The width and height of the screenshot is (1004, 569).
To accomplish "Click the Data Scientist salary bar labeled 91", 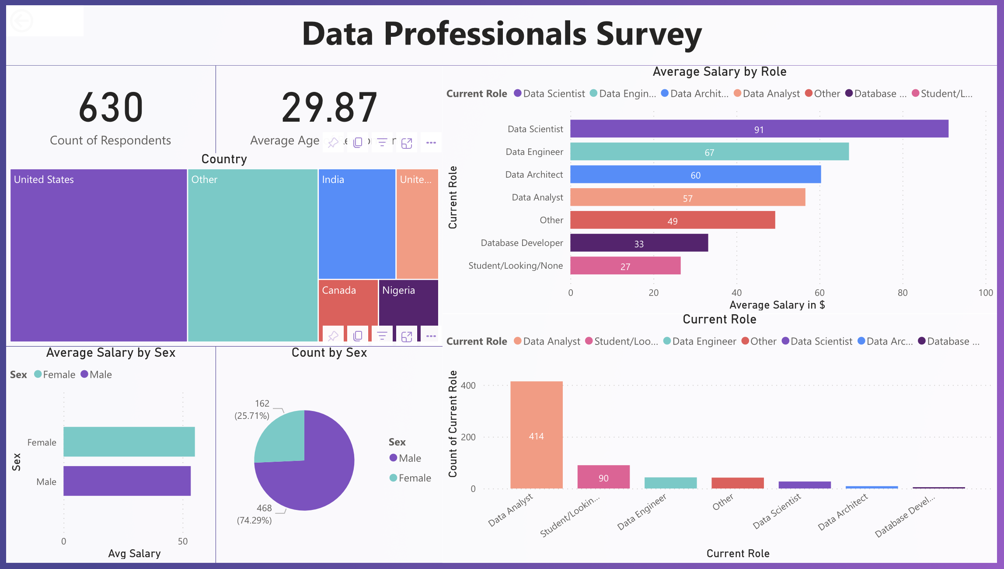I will [x=759, y=129].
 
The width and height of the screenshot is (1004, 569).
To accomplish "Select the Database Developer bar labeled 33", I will [x=638, y=243].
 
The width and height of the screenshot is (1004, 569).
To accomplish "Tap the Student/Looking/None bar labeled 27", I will [x=625, y=266].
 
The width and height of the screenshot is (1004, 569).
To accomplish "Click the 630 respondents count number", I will [x=111, y=107].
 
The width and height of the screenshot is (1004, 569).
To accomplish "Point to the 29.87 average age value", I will [x=329, y=107].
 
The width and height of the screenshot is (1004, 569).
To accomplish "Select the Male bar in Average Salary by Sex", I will [x=127, y=481].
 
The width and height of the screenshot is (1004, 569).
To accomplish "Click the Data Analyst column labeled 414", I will [x=536, y=436].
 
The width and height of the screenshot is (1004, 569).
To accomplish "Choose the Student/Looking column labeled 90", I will [x=603, y=477].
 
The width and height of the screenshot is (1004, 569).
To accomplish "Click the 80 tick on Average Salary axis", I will [x=902, y=293].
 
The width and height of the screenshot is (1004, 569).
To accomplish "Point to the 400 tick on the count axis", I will [x=468, y=386].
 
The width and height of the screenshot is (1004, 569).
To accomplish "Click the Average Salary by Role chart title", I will [x=719, y=72].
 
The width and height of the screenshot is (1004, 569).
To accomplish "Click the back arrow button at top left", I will [x=21, y=21].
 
